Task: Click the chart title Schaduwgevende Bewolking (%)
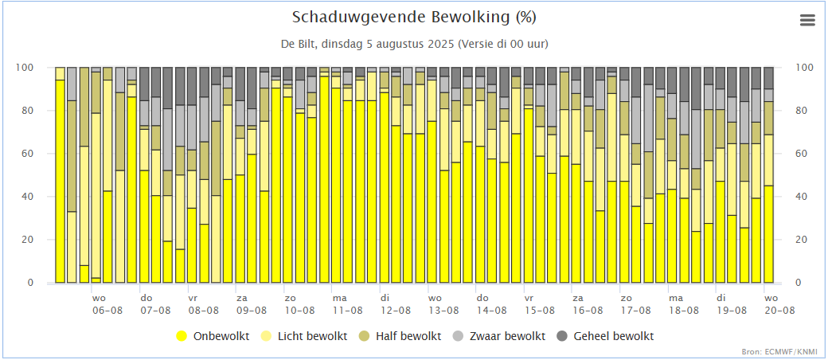(415, 18)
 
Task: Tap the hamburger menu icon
(807, 20)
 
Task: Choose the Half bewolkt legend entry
(400, 336)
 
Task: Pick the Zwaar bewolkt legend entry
(498, 336)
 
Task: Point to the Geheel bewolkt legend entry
(605, 336)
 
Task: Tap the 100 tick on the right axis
(804, 68)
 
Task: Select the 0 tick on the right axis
(799, 283)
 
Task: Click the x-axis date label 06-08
(107, 311)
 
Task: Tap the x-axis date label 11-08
(348, 311)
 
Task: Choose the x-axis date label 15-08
(540, 311)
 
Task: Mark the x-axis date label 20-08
(779, 311)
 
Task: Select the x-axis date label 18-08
(684, 311)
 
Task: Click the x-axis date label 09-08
(252, 311)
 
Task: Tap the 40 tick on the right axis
(802, 197)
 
